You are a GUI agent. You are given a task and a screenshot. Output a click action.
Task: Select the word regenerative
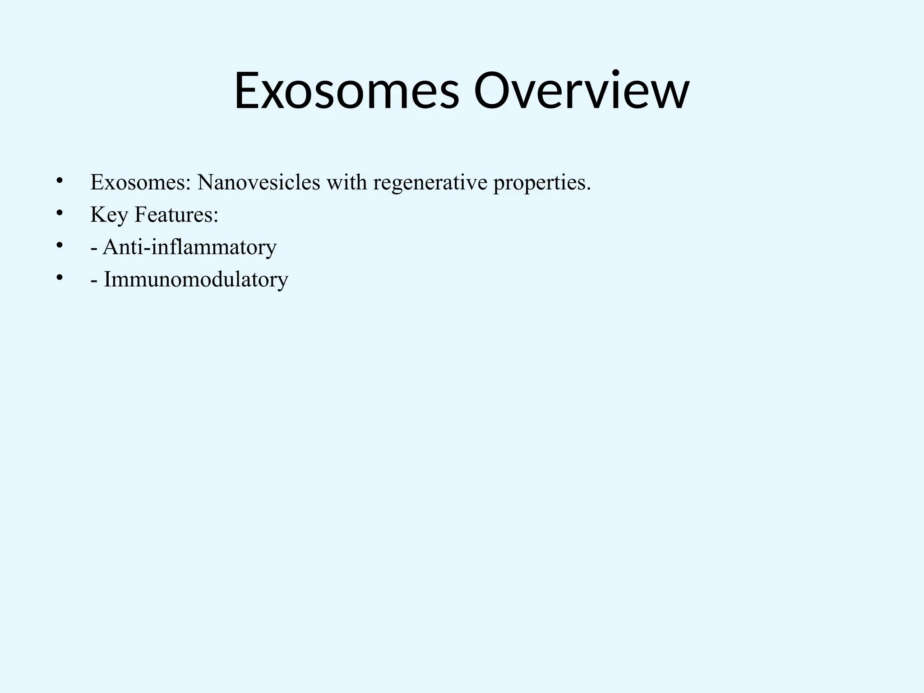coord(430,183)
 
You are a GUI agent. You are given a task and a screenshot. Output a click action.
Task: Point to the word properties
coord(540,183)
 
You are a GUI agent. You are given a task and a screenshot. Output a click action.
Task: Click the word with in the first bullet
coord(347,182)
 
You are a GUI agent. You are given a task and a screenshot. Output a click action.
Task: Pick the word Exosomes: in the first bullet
coord(141,182)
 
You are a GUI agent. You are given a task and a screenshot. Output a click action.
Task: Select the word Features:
coord(176,215)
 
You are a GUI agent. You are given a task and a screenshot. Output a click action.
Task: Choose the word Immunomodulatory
coord(196,280)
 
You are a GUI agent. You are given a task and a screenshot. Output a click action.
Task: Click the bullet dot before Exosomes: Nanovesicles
coord(59,181)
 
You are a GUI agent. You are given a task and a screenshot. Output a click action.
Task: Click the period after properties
coord(588,189)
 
